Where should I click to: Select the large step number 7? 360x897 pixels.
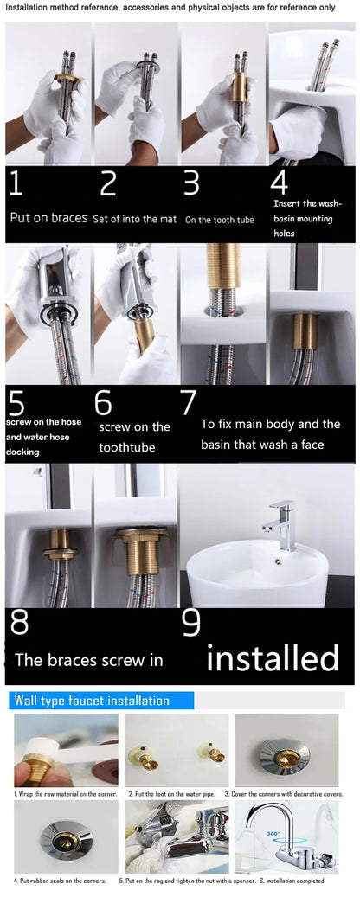(189, 403)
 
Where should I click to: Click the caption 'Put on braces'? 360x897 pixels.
(48, 218)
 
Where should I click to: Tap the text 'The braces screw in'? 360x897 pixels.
(88, 660)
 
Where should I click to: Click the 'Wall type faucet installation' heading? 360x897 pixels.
(91, 701)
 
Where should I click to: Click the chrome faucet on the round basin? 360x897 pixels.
(282, 521)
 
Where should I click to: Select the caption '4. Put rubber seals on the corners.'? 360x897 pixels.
(61, 881)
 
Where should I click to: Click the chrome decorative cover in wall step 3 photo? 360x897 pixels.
(286, 749)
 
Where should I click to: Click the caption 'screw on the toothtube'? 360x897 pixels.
(134, 436)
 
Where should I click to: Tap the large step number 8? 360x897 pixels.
(19, 623)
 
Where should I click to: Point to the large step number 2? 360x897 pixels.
(107, 184)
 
